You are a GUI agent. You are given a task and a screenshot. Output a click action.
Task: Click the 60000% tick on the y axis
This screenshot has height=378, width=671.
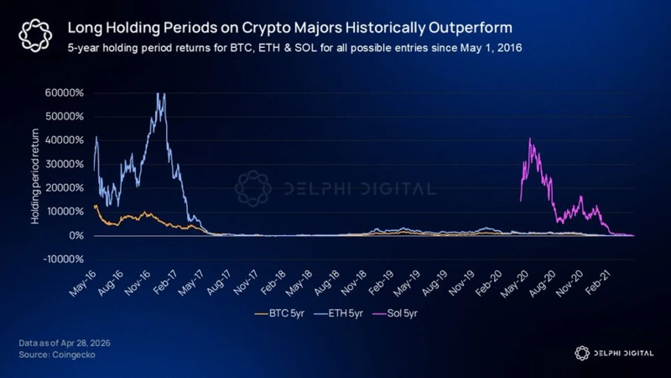tap(63, 92)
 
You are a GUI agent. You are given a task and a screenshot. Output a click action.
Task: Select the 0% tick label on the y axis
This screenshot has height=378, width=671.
tap(74, 236)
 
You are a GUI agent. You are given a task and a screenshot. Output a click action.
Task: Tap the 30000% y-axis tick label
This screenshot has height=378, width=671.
tap(63, 164)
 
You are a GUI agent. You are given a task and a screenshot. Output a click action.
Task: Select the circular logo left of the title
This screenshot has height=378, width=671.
tap(35, 35)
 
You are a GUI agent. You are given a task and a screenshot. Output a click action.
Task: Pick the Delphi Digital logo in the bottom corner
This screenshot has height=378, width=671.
tap(614, 353)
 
